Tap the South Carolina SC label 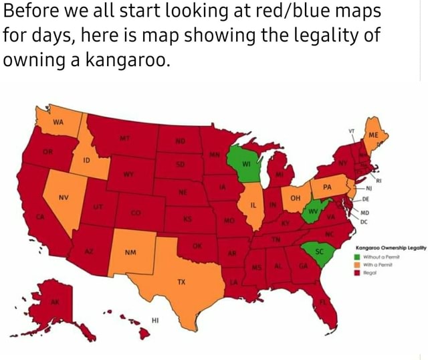click(x=319, y=252)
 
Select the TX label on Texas click(x=181, y=282)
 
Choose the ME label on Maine click(x=372, y=134)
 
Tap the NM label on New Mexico click(x=130, y=254)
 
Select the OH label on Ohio click(x=294, y=199)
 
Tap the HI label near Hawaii click(x=154, y=321)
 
